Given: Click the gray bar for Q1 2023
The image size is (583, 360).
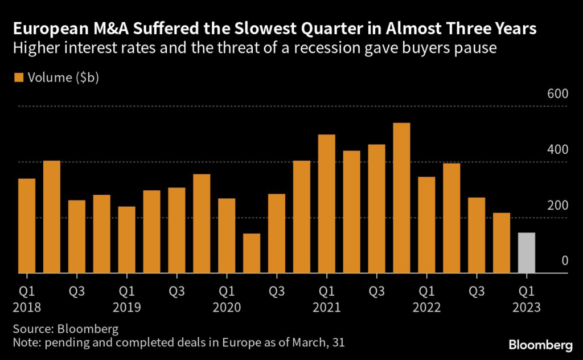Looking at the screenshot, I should pos(526,253).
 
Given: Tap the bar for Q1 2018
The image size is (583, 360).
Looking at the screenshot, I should pos(27,226).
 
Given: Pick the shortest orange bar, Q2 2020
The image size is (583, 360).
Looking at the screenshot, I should pos(252,253).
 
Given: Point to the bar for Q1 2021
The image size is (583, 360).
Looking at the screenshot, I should pos(326,204).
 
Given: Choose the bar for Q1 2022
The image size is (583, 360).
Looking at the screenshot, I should pos(426,225).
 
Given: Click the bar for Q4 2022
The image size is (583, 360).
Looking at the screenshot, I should pos(501,243).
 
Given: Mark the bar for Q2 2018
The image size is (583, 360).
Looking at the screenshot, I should pos(52,217).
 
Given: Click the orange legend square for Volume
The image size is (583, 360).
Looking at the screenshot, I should pos(19,78).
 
